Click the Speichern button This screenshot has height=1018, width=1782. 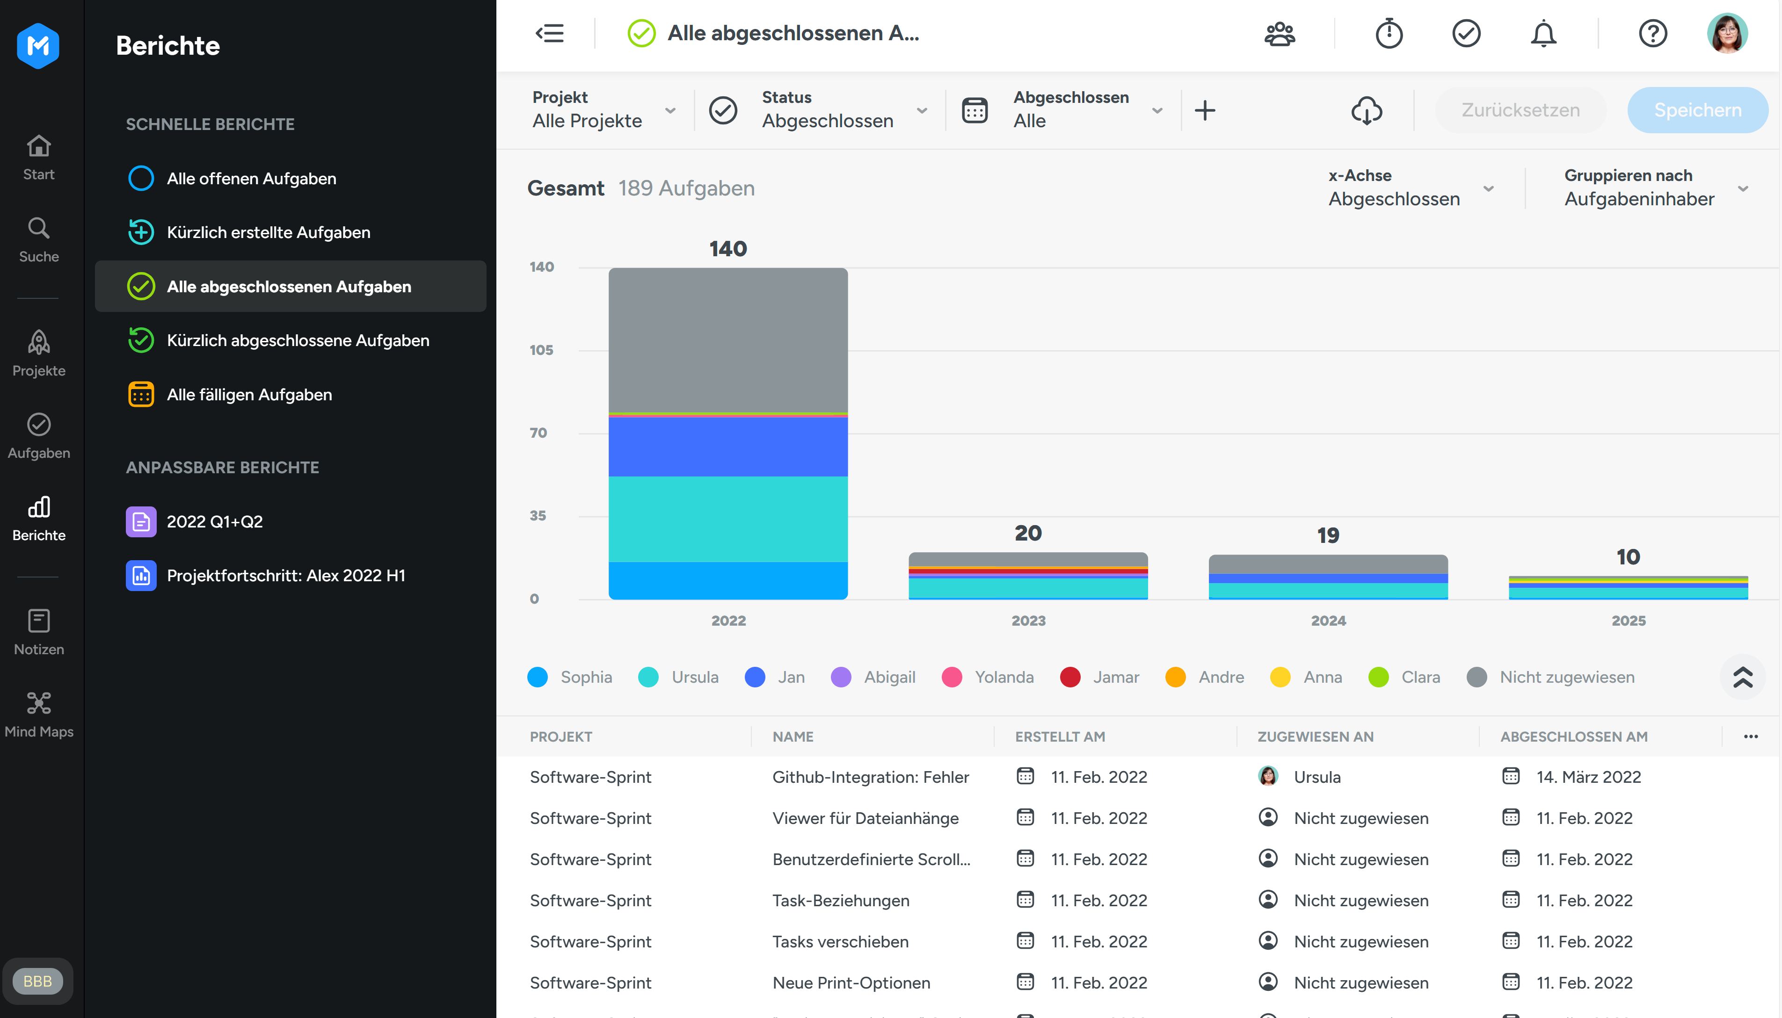[1697, 110]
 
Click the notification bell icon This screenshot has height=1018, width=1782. [1543, 34]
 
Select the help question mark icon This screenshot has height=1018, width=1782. [1652, 34]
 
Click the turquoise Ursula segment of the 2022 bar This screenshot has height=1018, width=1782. [728, 519]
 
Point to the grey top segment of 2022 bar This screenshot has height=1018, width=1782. [728, 340]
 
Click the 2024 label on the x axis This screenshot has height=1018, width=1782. [1327, 621]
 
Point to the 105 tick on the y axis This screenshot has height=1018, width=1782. [541, 350]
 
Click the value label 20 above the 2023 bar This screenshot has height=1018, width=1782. [1027, 534]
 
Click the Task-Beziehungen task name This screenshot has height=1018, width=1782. [841, 901]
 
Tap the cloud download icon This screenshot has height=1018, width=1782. [1366, 110]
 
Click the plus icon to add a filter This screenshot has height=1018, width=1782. [1204, 110]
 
